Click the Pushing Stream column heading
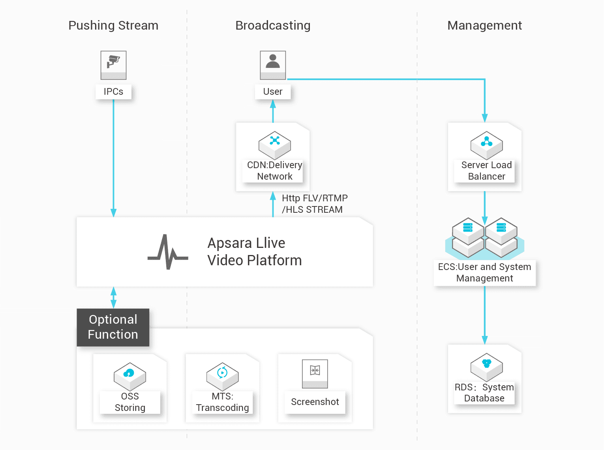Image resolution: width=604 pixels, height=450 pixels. coord(113,26)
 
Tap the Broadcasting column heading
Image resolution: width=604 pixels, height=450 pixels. coord(273,26)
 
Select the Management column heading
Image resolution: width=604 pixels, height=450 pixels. coord(484,25)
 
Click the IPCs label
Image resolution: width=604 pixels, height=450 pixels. coord(113,92)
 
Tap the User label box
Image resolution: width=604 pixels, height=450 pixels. coord(273,92)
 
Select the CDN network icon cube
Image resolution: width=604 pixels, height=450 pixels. coord(275,145)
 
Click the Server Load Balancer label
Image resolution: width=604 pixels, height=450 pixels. coord(486,171)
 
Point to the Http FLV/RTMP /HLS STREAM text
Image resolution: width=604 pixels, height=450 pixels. coord(315,204)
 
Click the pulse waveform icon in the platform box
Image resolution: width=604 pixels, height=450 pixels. coord(168,252)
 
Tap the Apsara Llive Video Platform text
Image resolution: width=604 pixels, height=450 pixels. coord(255,251)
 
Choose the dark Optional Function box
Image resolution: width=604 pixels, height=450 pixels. coord(113,327)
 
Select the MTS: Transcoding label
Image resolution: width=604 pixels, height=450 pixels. coord(223,402)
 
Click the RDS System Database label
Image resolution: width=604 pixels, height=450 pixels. coord(484,393)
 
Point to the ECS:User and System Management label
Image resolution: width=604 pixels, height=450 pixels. coord(484,273)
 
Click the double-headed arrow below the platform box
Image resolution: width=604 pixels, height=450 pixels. coord(114,298)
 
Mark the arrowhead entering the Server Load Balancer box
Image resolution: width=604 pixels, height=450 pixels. coord(485,118)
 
